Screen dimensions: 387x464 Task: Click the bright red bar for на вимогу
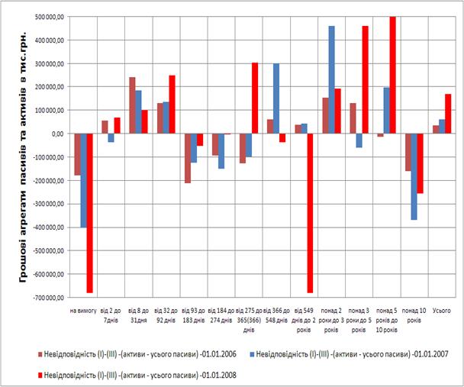[x=90, y=213]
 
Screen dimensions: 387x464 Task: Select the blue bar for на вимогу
[x=83, y=180]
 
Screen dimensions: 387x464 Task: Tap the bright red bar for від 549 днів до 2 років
[x=310, y=213]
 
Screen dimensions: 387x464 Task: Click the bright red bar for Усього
[x=448, y=114]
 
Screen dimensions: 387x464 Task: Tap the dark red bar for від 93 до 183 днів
[x=187, y=158]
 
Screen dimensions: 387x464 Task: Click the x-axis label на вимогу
[x=82, y=311]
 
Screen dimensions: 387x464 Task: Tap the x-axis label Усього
[x=442, y=311]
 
